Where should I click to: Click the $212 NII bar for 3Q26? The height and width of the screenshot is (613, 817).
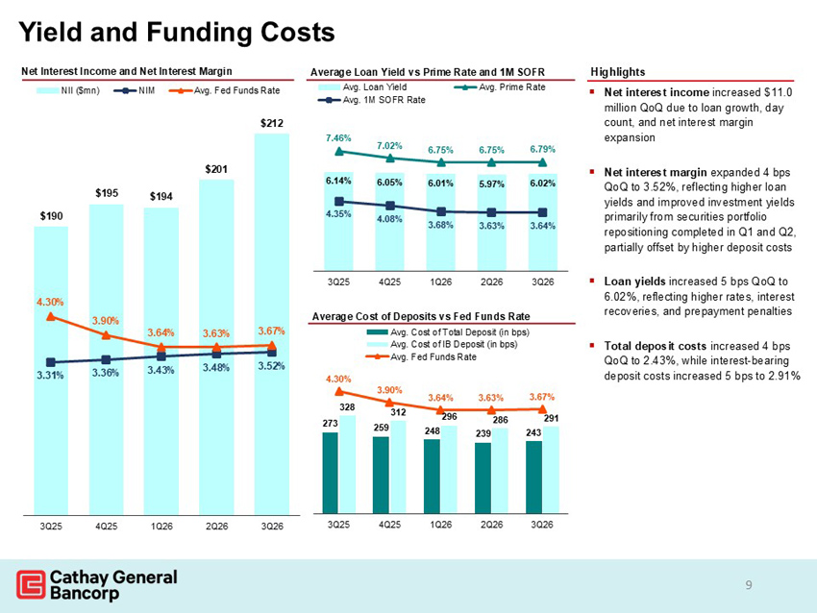[x=271, y=324]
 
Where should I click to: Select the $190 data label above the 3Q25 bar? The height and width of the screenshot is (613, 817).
[x=51, y=215]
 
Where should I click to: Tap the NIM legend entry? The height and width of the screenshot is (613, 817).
[x=135, y=90]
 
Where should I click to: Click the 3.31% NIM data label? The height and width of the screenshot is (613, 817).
[x=50, y=375]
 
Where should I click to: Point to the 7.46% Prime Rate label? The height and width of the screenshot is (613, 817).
[x=338, y=138]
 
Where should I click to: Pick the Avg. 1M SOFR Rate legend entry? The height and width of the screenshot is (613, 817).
[x=372, y=100]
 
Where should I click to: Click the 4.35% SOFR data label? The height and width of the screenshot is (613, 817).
[x=338, y=213]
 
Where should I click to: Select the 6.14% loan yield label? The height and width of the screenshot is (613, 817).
[x=338, y=181]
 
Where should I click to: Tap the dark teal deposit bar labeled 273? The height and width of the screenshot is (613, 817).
[x=331, y=473]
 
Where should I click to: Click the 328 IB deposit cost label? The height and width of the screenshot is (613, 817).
[x=348, y=406]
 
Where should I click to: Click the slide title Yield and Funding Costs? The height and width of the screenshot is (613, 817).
[x=177, y=32]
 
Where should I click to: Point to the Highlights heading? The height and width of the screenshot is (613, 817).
[x=617, y=72]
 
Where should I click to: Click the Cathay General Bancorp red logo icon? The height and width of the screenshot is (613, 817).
[x=31, y=584]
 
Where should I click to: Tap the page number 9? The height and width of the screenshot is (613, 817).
[x=749, y=585]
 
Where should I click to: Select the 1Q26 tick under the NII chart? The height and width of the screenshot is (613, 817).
[x=161, y=527]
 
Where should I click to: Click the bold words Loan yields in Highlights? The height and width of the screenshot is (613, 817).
[x=634, y=282]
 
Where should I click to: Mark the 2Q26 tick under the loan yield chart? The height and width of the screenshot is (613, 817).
[x=491, y=282]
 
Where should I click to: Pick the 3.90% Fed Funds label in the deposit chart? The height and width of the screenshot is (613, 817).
[x=389, y=390]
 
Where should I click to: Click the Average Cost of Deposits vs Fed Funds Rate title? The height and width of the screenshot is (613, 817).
[x=421, y=316]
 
